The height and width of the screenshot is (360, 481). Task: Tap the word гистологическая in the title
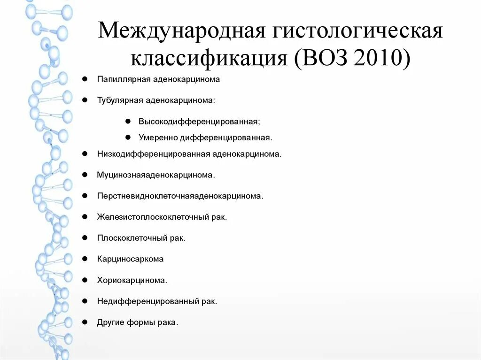(x=355, y=32)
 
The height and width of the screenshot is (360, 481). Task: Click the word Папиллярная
(x=124, y=79)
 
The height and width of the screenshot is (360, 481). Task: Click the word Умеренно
(x=156, y=138)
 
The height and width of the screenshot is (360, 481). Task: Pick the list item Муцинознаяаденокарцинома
(x=156, y=175)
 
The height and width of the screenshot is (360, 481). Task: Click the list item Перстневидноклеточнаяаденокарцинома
(x=180, y=196)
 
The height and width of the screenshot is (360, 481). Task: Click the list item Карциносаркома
(x=130, y=259)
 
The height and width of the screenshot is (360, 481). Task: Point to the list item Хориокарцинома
(x=132, y=280)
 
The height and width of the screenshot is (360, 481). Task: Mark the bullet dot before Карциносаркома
(x=85, y=259)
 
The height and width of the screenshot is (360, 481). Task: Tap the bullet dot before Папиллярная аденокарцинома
(x=85, y=79)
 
